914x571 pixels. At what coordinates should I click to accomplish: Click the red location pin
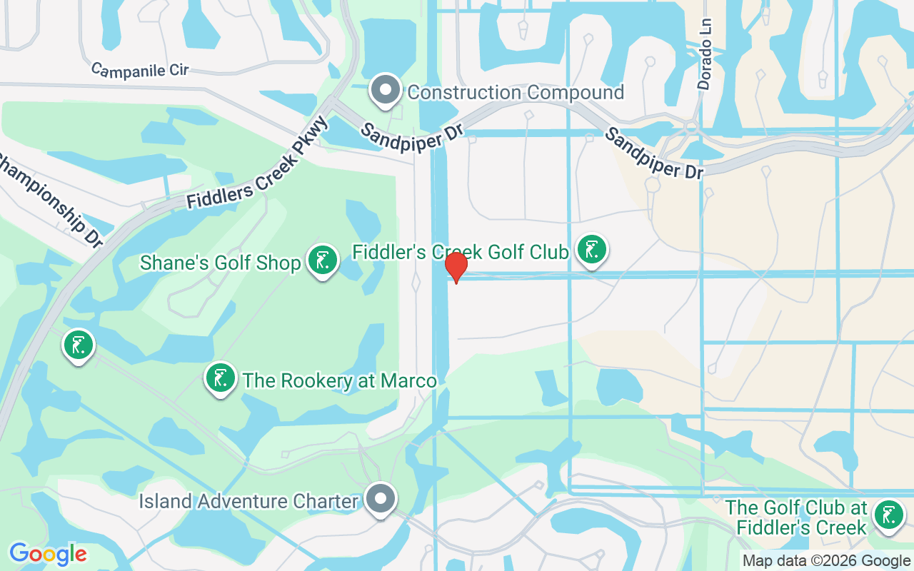pyautogui.click(x=456, y=267)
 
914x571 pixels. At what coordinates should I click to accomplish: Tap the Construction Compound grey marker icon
pyautogui.click(x=386, y=91)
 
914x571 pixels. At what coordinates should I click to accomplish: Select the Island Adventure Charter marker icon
pyautogui.click(x=381, y=498)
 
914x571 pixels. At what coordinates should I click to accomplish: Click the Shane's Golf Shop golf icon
pyautogui.click(x=322, y=261)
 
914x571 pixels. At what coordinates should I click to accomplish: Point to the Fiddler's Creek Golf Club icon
pyautogui.click(x=591, y=250)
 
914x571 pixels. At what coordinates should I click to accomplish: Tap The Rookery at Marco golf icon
pyautogui.click(x=221, y=378)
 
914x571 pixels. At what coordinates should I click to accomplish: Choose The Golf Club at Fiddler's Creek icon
pyautogui.click(x=888, y=515)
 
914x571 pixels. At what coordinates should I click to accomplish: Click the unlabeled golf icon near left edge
pyautogui.click(x=78, y=346)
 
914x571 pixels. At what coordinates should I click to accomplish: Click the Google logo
pyautogui.click(x=48, y=554)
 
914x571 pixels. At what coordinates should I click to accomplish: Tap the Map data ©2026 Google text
pyautogui.click(x=825, y=561)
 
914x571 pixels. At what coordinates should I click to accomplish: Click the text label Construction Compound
pyautogui.click(x=516, y=92)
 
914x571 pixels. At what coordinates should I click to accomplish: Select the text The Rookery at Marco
pyautogui.click(x=339, y=380)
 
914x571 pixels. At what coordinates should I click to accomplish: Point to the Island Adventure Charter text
pyautogui.click(x=248, y=501)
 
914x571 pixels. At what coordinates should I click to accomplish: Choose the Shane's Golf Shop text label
pyautogui.click(x=220, y=263)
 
